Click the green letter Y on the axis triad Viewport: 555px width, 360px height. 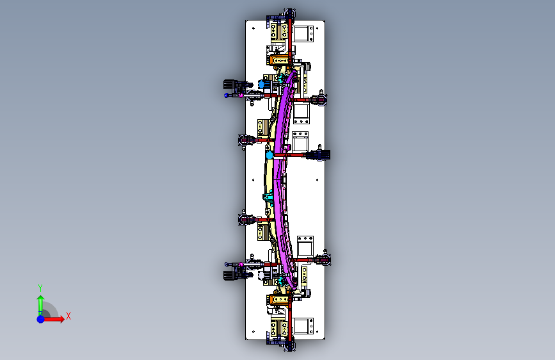tap(40, 288)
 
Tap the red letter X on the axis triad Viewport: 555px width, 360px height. tap(68, 316)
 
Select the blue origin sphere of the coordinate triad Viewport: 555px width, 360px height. tap(41, 319)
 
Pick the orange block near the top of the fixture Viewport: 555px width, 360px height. tap(278, 60)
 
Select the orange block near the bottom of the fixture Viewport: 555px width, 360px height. tap(278, 299)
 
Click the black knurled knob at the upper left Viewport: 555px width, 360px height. tap(229, 85)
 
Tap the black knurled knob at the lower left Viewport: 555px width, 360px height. tap(229, 275)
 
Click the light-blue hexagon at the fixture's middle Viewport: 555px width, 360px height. tap(269, 155)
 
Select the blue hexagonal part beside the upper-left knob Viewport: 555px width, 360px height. tap(262, 85)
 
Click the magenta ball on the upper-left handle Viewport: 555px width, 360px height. tap(241, 95)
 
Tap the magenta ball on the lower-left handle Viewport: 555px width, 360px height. tap(241, 265)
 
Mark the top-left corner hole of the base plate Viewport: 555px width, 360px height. tap(253, 28)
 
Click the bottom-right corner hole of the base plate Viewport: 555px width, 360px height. tap(318, 332)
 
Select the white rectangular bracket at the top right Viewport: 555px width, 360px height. tap(303, 34)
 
